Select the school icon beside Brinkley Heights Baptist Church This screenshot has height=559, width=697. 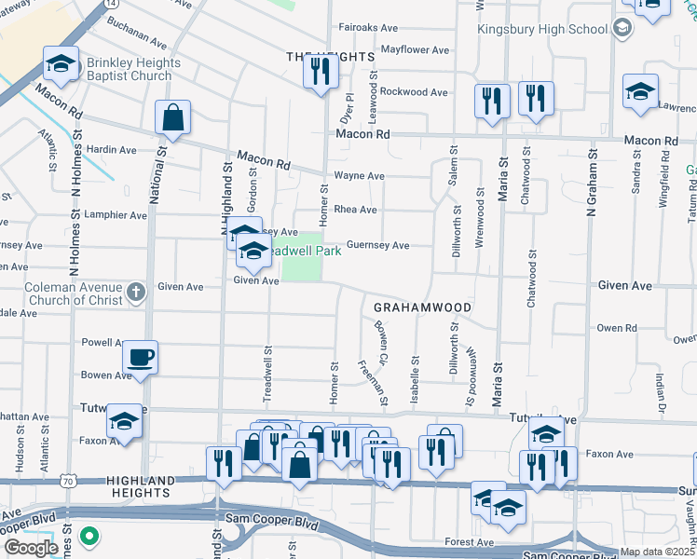(x=61, y=65)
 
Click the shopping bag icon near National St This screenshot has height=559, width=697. (x=172, y=118)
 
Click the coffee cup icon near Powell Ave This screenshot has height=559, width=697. (x=140, y=358)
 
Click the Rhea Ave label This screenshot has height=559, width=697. (x=355, y=210)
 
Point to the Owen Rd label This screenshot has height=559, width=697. (x=616, y=328)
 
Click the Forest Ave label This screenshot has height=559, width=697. (x=469, y=541)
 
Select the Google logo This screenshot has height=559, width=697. (x=31, y=547)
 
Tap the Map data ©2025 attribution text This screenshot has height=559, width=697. (x=658, y=552)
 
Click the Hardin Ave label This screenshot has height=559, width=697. (x=112, y=149)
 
